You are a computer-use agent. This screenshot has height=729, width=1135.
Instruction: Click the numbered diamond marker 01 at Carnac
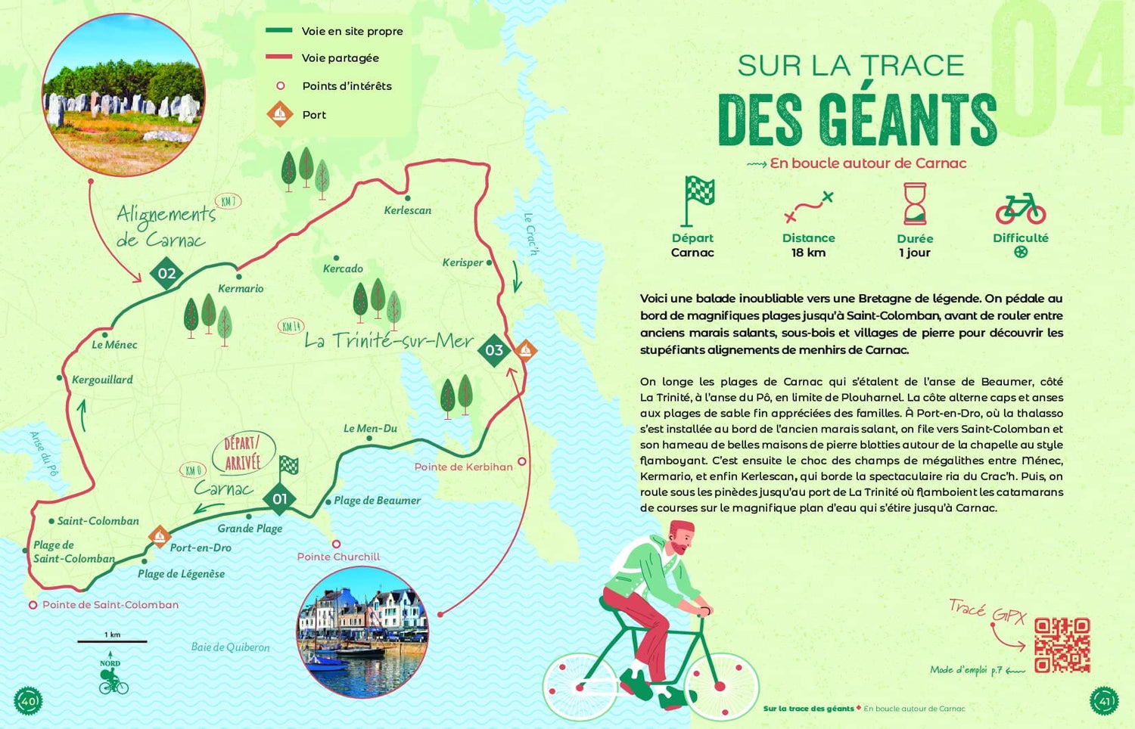280,498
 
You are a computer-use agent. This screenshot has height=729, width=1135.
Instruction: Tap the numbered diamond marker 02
166,274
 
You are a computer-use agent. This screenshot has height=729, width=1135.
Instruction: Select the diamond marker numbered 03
494,350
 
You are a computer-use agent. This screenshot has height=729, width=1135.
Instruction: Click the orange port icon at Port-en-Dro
159,536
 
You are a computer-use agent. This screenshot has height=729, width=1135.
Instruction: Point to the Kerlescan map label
407,210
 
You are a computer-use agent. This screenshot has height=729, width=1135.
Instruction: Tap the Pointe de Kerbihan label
463,467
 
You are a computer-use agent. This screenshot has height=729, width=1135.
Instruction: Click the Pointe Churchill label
338,557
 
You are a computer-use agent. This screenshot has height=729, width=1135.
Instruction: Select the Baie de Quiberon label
230,647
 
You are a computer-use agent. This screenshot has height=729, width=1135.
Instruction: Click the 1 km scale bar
112,641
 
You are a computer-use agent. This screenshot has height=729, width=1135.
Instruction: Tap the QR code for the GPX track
1062,645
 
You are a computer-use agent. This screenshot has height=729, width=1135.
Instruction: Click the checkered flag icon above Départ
698,200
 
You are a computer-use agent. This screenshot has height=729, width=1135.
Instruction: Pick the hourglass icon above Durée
915,203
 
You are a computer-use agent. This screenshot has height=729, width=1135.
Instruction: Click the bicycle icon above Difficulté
1020,208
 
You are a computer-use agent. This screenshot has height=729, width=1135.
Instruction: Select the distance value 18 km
808,253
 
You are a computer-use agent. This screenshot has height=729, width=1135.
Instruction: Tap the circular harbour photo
362,632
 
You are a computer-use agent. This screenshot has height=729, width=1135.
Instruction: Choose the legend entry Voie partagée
340,58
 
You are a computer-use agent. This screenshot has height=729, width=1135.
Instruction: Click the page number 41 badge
1103,701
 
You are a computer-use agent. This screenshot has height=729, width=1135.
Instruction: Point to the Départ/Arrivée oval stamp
243,453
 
